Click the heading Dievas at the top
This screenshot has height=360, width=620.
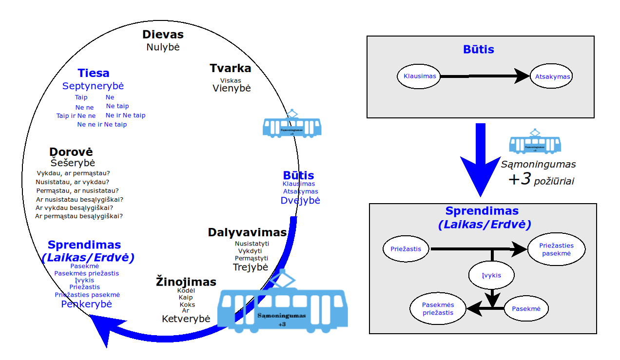[x=163, y=35]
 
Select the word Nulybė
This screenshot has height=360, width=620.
[x=163, y=47]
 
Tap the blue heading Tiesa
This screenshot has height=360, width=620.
[x=93, y=74]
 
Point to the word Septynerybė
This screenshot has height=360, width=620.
[x=93, y=86]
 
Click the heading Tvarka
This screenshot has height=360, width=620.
[x=231, y=68]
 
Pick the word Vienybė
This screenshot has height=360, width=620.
[x=231, y=88]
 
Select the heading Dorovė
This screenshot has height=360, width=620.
[x=71, y=152]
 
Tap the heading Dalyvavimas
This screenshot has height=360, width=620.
[x=247, y=232]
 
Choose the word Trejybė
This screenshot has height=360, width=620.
[x=251, y=267]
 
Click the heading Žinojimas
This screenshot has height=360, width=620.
[x=186, y=282]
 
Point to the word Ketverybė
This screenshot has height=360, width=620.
[x=186, y=319]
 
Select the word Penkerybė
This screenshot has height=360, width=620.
[x=86, y=304]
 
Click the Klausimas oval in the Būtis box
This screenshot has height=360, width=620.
[x=420, y=76]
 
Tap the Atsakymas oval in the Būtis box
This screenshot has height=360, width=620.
[x=552, y=76]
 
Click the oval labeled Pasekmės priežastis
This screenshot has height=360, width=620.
[x=438, y=309]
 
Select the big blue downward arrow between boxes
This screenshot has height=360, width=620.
[x=480, y=161]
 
